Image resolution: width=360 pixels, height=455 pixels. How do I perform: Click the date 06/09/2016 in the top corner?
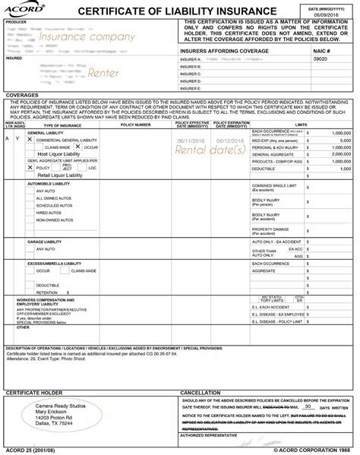point(333,14)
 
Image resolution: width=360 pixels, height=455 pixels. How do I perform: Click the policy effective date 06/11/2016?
point(191,141)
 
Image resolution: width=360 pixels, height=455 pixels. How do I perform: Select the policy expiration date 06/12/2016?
point(230,141)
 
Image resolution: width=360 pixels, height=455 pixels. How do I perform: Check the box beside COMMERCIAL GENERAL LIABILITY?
point(30,141)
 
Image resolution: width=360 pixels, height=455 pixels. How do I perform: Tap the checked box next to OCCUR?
point(78,147)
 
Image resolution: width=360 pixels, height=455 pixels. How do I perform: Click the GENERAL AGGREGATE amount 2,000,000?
point(336,153)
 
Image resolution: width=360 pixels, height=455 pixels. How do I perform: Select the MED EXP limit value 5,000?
point(341,141)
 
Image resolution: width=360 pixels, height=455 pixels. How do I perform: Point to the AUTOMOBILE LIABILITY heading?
point(51,185)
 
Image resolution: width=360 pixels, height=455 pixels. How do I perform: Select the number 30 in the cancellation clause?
point(307,407)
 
